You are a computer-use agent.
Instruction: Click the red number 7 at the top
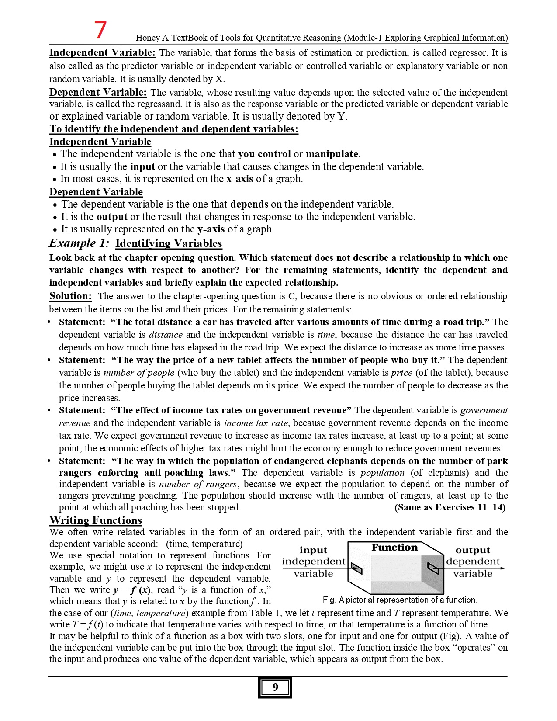coord(100,30)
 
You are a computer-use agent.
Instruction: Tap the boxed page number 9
coord(275,687)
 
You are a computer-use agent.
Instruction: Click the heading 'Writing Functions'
coord(96,520)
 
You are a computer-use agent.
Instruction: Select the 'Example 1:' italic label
coord(79,243)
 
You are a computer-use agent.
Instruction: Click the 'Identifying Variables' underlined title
coord(169,243)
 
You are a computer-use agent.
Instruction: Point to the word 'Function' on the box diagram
coord(394,548)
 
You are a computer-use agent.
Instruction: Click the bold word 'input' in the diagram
coord(313,550)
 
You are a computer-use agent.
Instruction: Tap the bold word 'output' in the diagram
coord(473,550)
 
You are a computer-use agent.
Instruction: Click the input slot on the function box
coord(357,569)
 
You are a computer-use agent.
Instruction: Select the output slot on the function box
coord(433,568)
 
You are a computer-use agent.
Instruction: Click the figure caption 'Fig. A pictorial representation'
coord(400,600)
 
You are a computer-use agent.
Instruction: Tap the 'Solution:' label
coord(70,296)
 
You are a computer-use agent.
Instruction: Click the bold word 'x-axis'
coord(239,179)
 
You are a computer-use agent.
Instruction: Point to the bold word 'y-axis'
coord(211,229)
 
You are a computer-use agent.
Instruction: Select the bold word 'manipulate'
coord(332,154)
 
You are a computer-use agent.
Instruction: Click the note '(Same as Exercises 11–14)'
coord(450,507)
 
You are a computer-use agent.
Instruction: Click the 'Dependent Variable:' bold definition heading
coord(98,92)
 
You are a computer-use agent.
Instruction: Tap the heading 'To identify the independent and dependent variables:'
coord(174,129)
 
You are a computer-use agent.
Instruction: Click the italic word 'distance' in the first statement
coord(166,335)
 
